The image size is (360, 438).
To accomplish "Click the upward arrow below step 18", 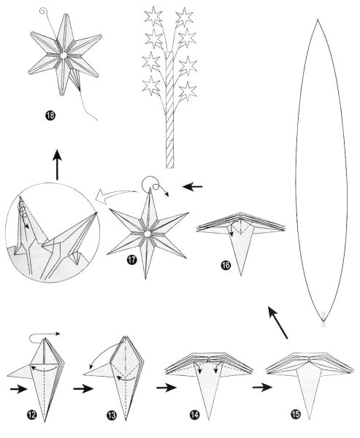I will coord(57,166).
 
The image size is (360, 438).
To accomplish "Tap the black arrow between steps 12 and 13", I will coord(81,389).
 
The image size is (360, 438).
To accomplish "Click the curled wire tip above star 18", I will coord(46,12).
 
